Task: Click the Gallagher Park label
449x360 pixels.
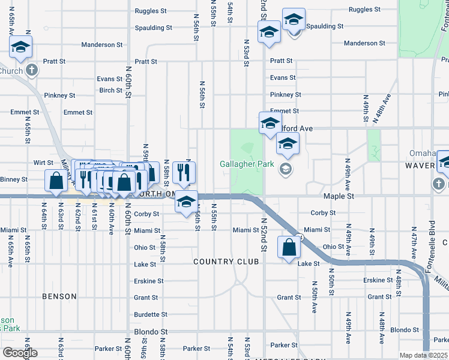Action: (247, 164)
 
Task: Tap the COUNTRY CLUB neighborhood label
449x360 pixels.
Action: (226, 262)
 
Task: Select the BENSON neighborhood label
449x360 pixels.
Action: (59, 296)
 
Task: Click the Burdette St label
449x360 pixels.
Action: (151, 314)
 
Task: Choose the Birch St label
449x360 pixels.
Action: (111, 91)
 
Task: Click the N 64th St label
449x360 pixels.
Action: (44, 214)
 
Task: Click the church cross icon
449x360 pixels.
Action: (32, 70)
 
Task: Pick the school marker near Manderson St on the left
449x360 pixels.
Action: (21, 47)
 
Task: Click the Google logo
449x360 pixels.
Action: (20, 353)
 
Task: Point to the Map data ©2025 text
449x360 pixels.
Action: (423, 355)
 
